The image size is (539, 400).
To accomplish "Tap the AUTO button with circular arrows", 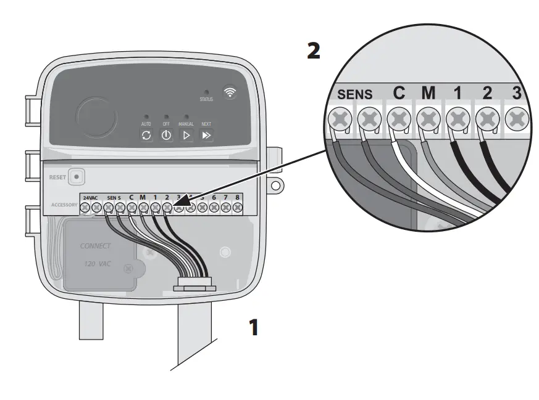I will [x=146, y=136].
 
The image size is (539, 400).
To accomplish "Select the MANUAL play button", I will [x=186, y=136].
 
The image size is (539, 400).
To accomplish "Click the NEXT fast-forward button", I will [x=207, y=136].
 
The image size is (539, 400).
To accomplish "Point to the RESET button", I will [x=76, y=176].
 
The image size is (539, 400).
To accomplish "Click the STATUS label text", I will [x=206, y=99].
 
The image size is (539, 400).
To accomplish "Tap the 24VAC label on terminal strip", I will [x=90, y=197].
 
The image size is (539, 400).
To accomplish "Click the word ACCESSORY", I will [x=64, y=204].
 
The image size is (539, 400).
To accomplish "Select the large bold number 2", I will [x=314, y=51].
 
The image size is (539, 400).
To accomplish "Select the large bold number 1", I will [x=253, y=327].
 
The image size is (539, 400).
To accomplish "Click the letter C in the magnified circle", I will [x=399, y=93].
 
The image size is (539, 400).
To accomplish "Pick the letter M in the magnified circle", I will [x=428, y=93].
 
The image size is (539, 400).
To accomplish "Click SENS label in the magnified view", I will [x=355, y=95].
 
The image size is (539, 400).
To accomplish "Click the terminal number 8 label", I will [x=237, y=197].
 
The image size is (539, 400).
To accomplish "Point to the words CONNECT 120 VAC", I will [x=96, y=254].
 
